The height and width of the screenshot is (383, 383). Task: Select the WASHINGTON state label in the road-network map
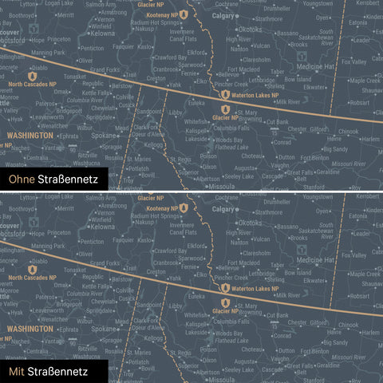(x=30, y=329)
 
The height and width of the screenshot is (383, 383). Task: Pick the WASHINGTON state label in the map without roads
(x=30, y=136)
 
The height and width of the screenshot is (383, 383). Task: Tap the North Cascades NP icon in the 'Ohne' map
(x=33, y=76)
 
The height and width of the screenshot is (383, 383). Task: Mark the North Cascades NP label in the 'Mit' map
(x=32, y=278)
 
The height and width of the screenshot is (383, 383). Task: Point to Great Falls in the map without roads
(x=303, y=171)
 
